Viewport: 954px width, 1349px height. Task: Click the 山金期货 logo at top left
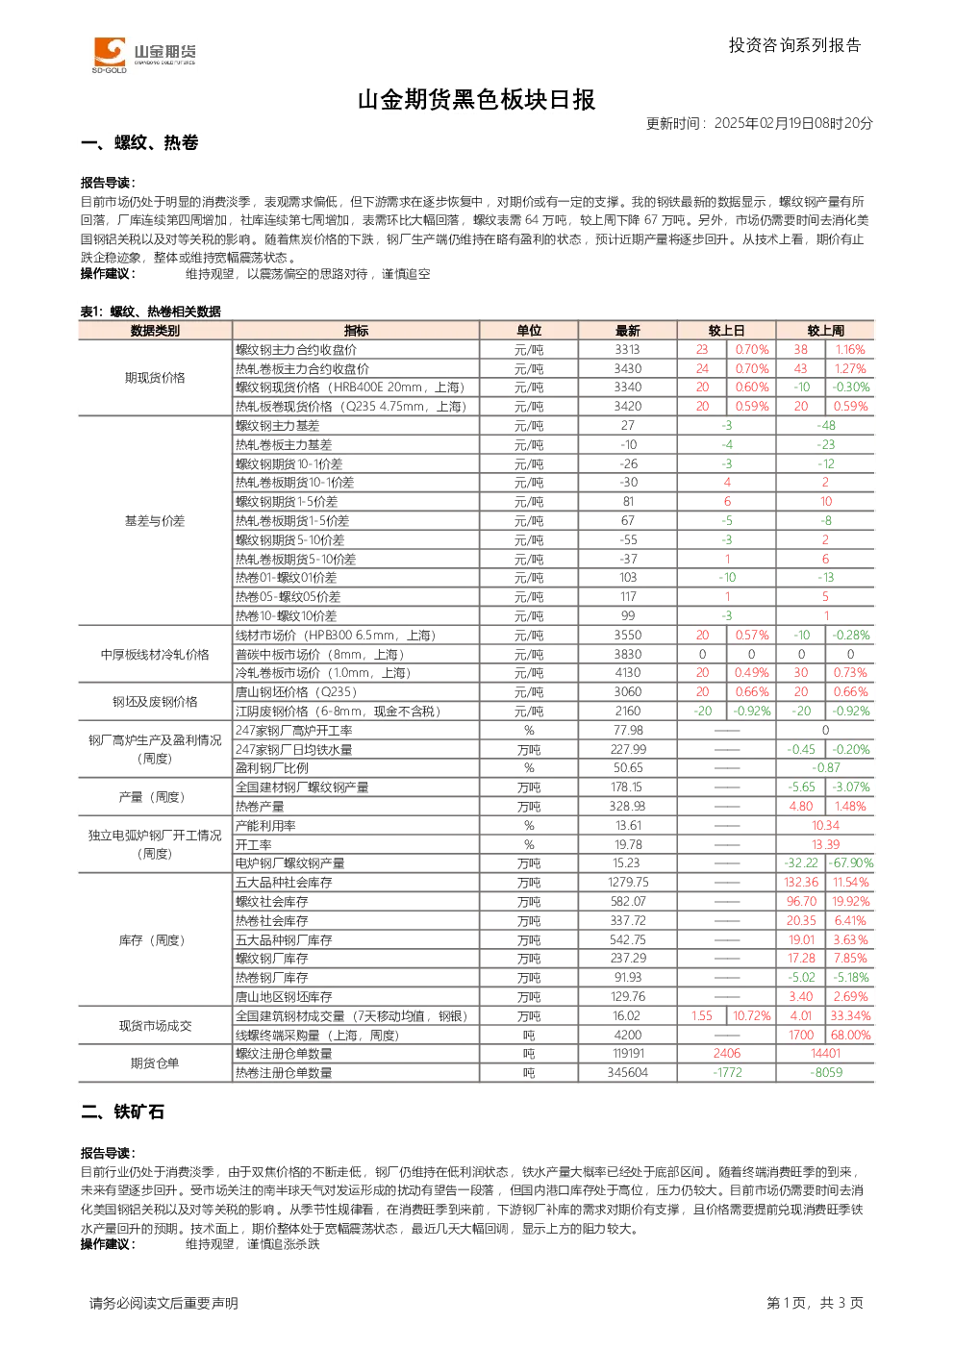pos(144,54)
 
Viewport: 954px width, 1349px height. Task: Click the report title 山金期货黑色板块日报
pos(476,100)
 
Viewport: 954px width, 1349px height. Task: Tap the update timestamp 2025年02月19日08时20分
pos(793,123)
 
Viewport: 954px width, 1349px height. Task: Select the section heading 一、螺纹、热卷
pos(139,142)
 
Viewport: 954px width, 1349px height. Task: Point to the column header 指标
pos(356,331)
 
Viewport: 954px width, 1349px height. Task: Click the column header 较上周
pos(825,331)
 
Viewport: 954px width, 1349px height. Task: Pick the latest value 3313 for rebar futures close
pos(628,349)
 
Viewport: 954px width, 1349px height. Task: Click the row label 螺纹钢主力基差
pos(278,426)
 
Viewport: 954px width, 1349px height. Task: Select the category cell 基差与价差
pos(155,521)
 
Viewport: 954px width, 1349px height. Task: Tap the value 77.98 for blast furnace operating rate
pos(628,731)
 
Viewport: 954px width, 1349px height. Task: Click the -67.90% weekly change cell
pos(850,863)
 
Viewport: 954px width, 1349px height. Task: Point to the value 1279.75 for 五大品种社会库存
pos(628,883)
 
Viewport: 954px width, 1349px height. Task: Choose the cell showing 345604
pos(628,1073)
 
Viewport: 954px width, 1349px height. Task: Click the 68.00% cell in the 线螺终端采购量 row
pos(850,1035)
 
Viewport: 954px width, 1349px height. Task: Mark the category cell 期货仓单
pos(155,1062)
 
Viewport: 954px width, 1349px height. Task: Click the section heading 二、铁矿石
pos(123,1112)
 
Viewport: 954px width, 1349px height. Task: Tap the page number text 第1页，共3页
pos(815,1303)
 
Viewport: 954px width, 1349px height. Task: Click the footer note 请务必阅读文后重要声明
pos(163,1303)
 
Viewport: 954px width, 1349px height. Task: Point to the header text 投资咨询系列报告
pos(795,45)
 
